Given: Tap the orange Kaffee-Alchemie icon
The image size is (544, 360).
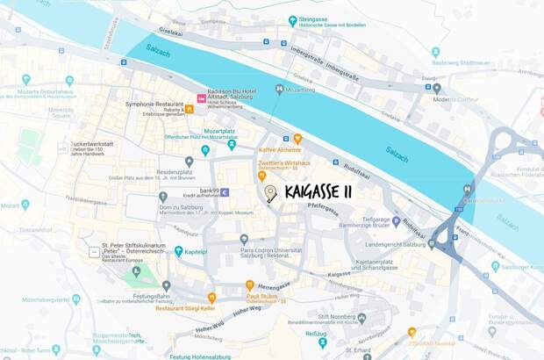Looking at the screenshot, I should click(297, 139).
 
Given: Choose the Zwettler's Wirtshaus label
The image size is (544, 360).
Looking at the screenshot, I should click(286, 164).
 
